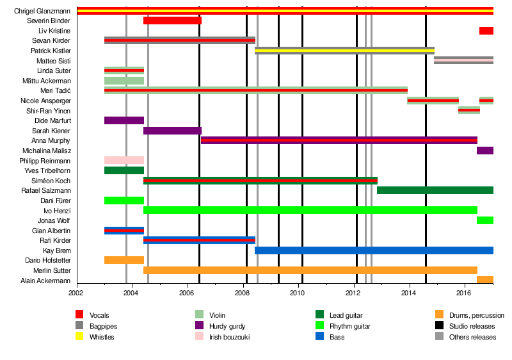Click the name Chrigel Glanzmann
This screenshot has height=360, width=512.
[x=42, y=11]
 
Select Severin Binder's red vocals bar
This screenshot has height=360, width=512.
[x=172, y=20]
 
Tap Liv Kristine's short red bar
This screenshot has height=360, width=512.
[x=486, y=31]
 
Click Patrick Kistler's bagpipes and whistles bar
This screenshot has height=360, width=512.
[x=344, y=51]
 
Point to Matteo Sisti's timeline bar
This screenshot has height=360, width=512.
[x=463, y=60]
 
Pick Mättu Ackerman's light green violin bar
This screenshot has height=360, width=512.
[x=124, y=81]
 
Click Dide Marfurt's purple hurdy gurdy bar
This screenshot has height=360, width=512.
[x=124, y=120]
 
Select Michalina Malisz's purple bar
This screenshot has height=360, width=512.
[x=484, y=151]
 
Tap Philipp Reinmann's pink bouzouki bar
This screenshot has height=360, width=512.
[x=124, y=160]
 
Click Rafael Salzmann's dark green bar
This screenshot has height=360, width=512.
[x=435, y=190]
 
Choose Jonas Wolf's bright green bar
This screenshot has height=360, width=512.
[x=484, y=220]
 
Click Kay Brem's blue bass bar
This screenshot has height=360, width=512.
[x=374, y=250]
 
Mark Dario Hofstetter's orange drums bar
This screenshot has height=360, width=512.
[x=124, y=260]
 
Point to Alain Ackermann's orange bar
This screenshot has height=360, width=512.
[x=484, y=280]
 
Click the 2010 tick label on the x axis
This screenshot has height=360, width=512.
[x=298, y=293]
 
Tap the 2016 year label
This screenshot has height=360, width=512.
[x=463, y=293]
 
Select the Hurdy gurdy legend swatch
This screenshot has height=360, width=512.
[x=200, y=326]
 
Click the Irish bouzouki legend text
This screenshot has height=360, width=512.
[x=232, y=337]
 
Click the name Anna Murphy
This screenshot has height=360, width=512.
[x=51, y=140]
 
